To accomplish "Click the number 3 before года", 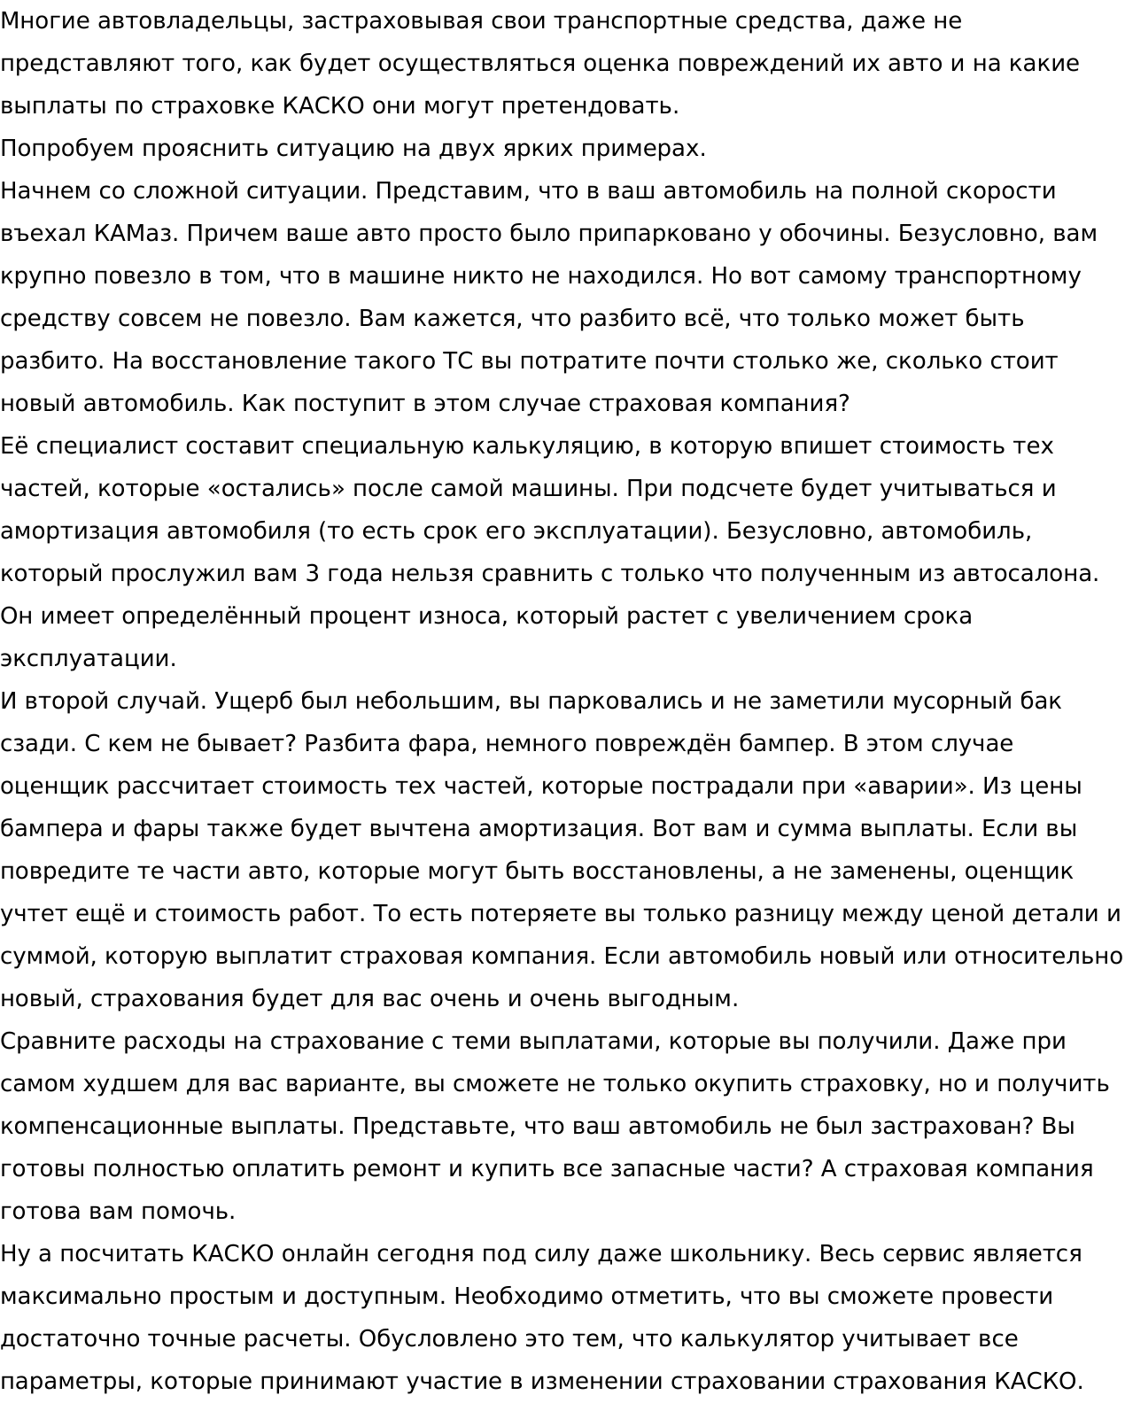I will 311,574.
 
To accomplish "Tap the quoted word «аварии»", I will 902,787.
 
